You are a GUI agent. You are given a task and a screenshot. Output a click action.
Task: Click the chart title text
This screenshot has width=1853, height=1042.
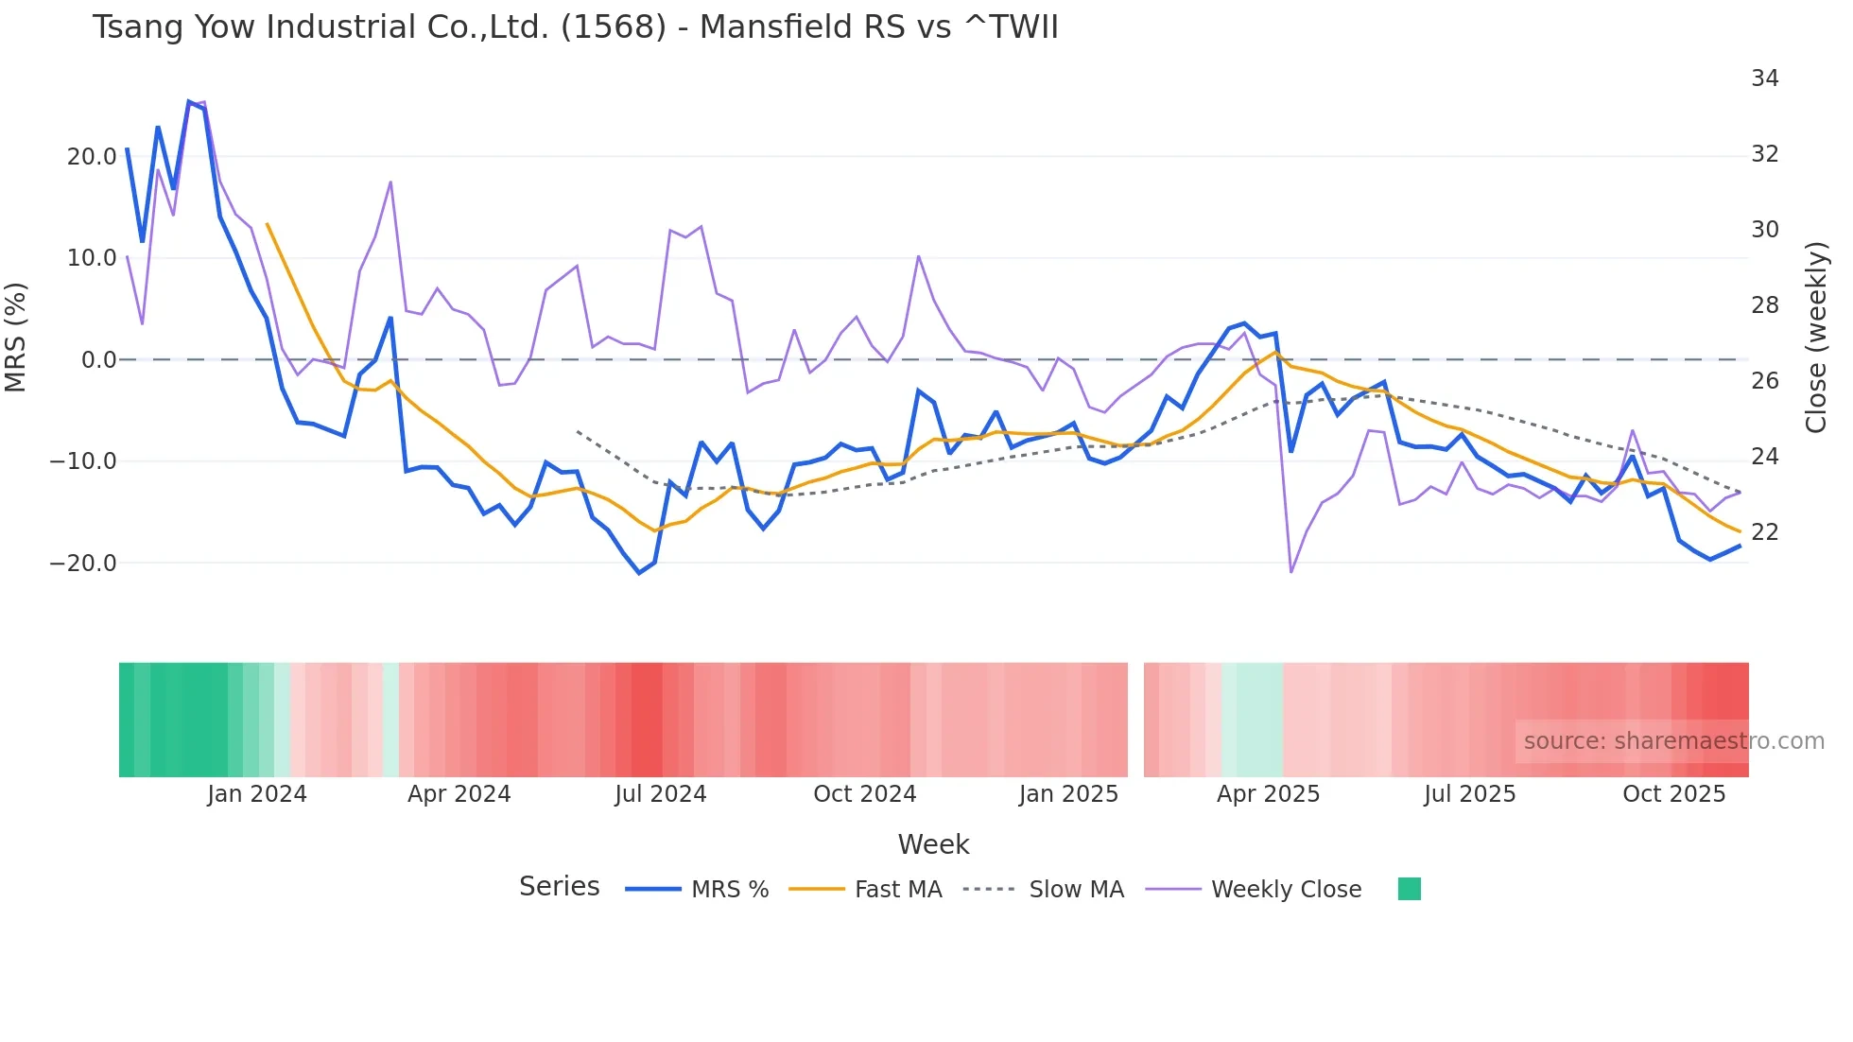(575, 26)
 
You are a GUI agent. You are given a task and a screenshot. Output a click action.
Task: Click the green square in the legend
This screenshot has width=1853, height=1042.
(1409, 889)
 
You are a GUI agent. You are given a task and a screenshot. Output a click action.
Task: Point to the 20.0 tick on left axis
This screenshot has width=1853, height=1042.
(91, 157)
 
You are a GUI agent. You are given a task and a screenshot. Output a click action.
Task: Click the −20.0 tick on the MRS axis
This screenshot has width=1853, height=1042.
(83, 564)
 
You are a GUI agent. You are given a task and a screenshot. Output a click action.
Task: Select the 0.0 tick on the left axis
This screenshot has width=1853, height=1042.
(98, 360)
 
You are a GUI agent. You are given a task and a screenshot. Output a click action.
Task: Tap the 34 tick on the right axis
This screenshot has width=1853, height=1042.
(1764, 78)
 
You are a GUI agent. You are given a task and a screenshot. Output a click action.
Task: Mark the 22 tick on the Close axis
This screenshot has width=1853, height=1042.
(1764, 532)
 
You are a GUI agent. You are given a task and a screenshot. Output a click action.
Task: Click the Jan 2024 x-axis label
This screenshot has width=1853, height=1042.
(257, 794)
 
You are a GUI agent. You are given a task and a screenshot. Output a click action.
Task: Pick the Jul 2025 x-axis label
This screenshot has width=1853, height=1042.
(1469, 794)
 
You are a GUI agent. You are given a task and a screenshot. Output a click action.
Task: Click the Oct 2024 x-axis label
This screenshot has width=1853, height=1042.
(864, 794)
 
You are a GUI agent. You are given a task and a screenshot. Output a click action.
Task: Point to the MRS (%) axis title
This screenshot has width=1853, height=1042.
(16, 338)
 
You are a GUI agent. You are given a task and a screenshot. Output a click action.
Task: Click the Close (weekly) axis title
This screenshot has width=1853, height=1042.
(1815, 338)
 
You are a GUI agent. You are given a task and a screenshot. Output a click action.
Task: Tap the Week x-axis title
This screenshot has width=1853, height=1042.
(933, 844)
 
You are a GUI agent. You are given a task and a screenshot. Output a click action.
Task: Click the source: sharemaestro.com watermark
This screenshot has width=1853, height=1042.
(1673, 741)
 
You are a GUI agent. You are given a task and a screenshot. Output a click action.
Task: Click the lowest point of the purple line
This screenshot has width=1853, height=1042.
(1291, 571)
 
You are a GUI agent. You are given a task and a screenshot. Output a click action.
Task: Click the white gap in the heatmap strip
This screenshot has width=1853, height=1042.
(1135, 720)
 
